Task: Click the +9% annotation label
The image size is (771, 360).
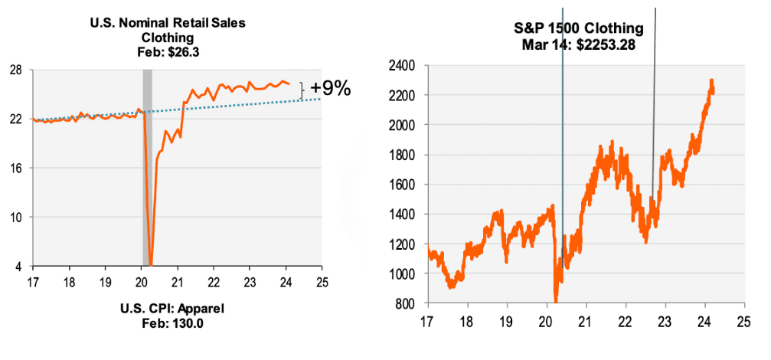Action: (x=330, y=90)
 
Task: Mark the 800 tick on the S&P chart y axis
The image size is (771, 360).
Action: (x=403, y=303)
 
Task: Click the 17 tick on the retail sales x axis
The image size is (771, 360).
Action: (x=32, y=280)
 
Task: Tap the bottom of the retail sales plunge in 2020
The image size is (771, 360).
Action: (x=152, y=264)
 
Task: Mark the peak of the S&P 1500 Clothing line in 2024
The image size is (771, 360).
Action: (x=712, y=80)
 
